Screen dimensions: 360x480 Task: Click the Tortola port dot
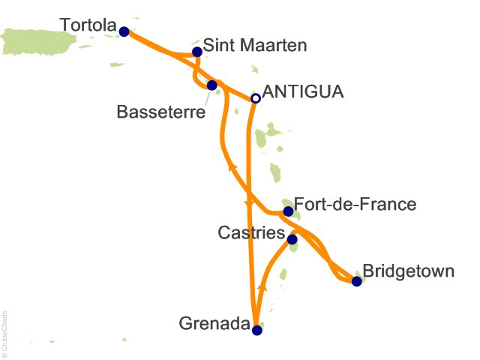point(124,31)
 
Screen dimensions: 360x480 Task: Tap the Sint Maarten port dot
point(196,52)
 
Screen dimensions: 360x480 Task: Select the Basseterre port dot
point(211,85)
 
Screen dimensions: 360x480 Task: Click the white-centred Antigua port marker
point(255,97)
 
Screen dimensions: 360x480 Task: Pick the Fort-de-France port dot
point(287,211)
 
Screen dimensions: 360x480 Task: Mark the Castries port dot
point(292,239)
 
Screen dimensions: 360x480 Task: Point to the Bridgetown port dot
point(356,281)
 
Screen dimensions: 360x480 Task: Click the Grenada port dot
point(256,330)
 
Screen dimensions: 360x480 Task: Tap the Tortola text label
point(89,27)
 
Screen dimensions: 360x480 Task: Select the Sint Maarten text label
point(255,46)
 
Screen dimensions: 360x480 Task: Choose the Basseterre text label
point(161,113)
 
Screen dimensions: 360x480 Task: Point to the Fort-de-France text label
point(355,204)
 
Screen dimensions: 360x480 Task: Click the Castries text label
point(251,233)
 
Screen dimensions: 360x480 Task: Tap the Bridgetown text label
point(408,271)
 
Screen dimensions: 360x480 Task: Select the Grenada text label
point(214,325)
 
